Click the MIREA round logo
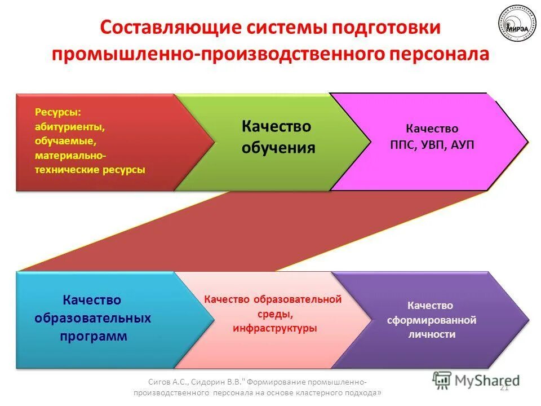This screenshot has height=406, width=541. click(x=517, y=25)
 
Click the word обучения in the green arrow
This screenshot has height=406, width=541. click(x=278, y=148)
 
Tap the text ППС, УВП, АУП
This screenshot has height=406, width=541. click(x=432, y=145)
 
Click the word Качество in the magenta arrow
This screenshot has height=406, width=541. click(x=432, y=129)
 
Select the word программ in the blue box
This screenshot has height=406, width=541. click(x=92, y=337)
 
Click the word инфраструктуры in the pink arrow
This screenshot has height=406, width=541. click(x=274, y=328)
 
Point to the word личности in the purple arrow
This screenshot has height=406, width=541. click(x=432, y=334)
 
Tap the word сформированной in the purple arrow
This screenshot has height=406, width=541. click(x=432, y=320)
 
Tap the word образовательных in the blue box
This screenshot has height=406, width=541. click(x=92, y=318)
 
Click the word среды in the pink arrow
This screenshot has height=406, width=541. click(x=272, y=314)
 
